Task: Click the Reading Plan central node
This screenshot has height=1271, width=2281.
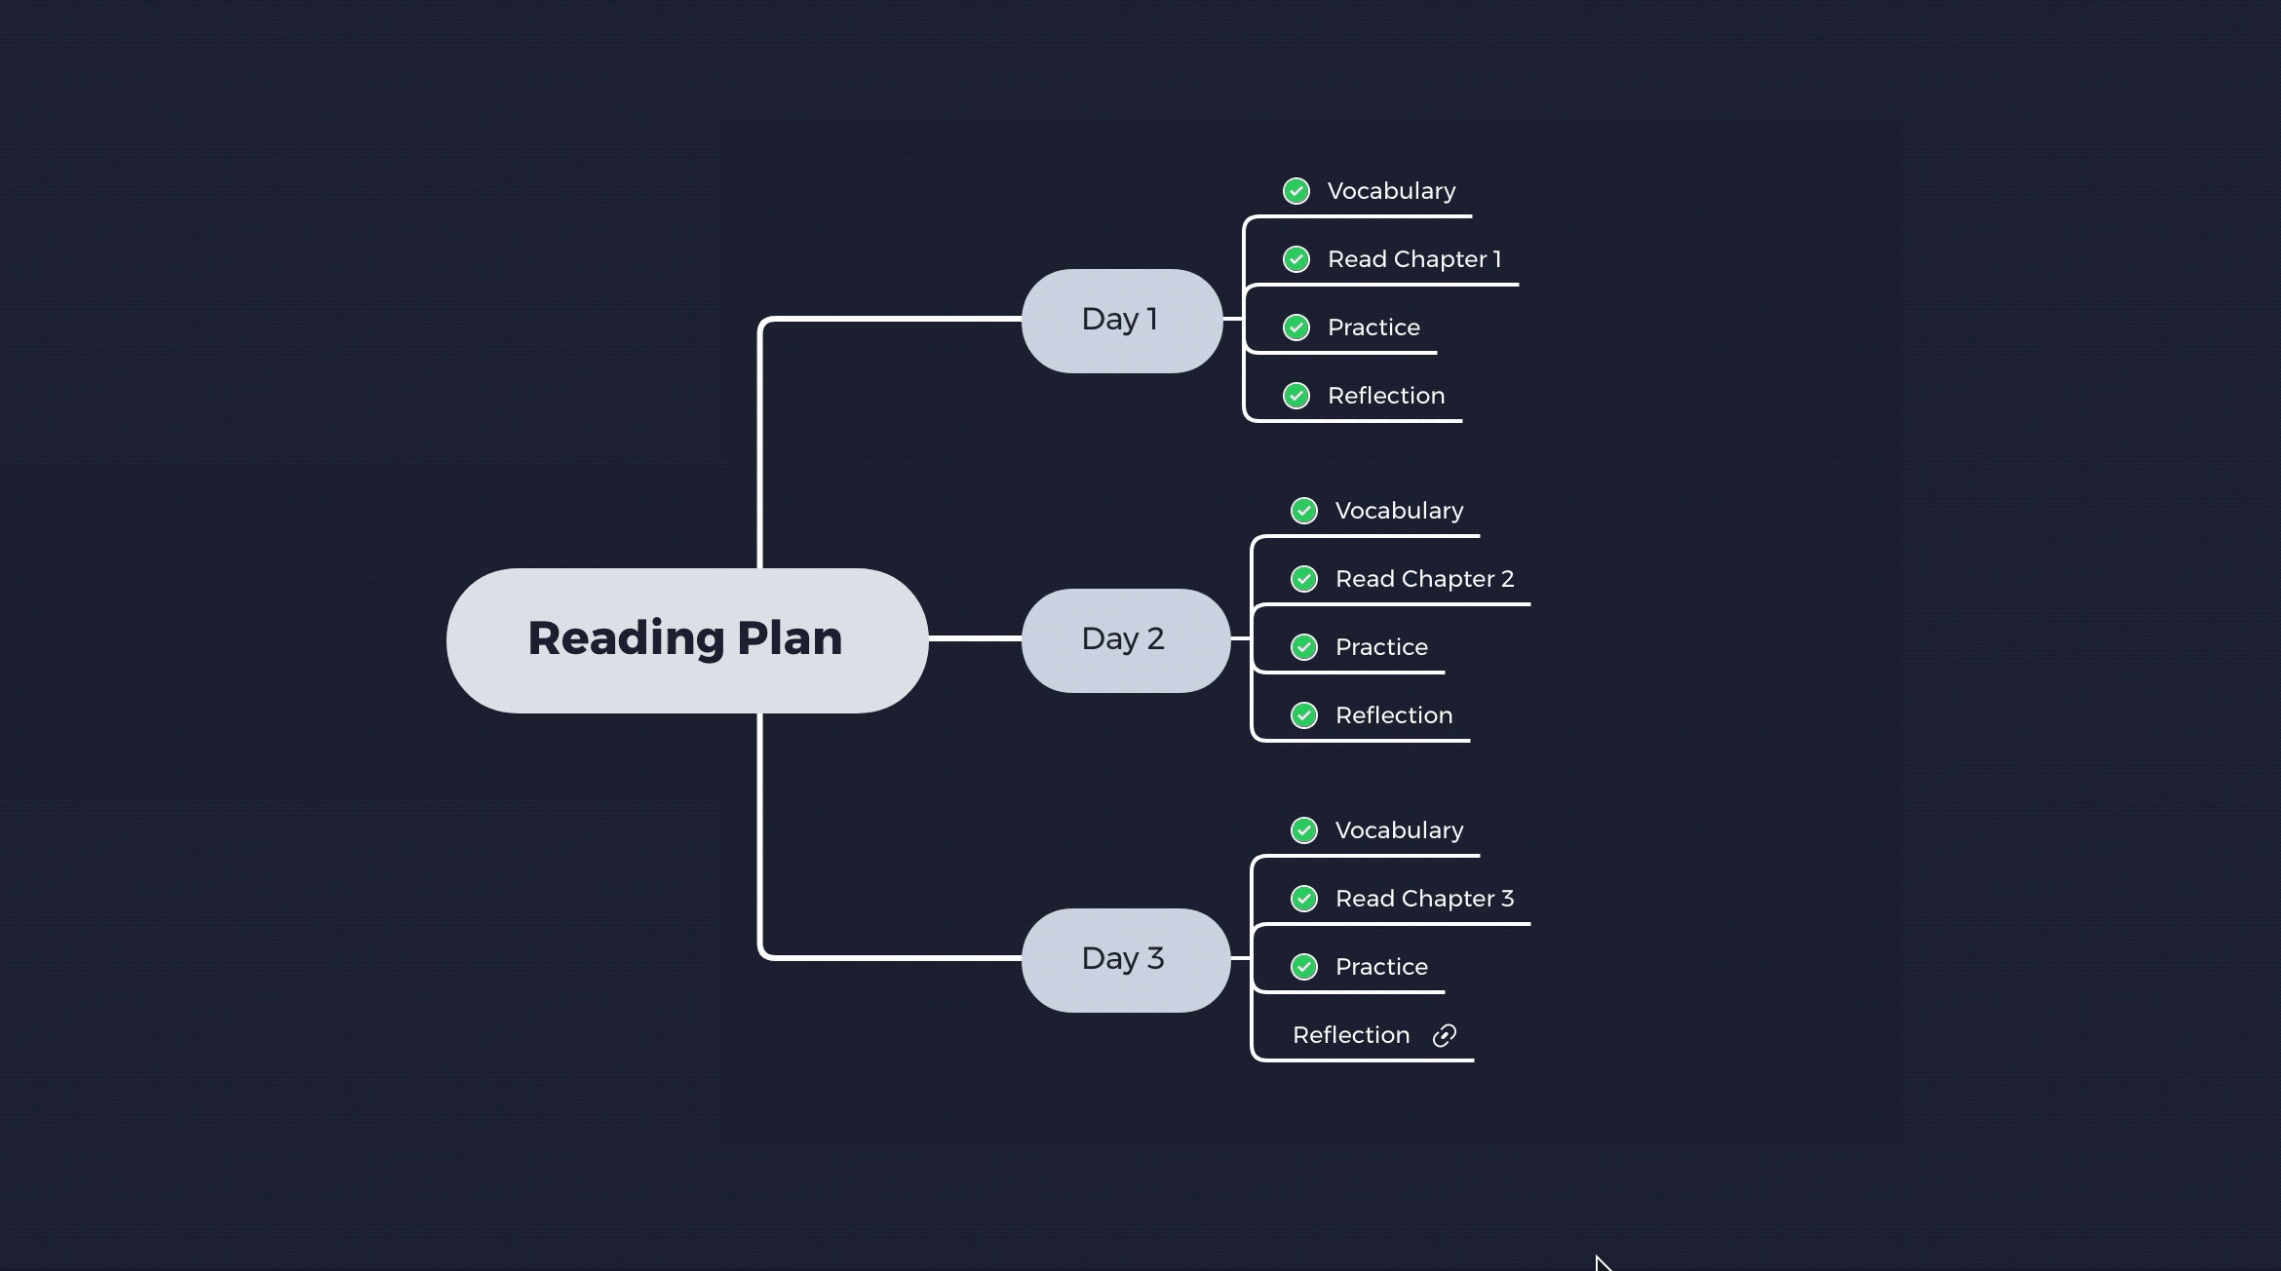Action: point(686,639)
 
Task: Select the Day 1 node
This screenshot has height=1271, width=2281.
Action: point(1121,320)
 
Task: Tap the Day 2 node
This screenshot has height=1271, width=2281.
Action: point(1125,639)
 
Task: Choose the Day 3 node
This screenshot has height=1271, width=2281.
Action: point(1125,959)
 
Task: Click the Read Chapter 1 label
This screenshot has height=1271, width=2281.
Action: point(1413,259)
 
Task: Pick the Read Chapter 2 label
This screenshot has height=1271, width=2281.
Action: point(1424,579)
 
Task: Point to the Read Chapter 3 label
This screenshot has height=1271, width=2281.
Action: point(1424,899)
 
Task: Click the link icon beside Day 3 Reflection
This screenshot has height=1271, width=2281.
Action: point(1445,1035)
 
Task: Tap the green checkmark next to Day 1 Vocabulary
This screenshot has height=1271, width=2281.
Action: point(1296,191)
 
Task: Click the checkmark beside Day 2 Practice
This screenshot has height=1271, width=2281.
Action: point(1304,647)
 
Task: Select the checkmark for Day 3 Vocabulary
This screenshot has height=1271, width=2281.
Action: point(1304,830)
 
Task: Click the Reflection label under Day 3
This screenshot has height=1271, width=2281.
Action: point(1351,1035)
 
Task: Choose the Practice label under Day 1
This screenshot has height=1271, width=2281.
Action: point(1373,327)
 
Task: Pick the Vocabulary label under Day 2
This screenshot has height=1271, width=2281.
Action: point(1399,511)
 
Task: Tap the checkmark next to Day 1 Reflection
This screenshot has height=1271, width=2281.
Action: point(1296,396)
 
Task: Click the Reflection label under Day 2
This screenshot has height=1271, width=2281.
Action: point(1394,715)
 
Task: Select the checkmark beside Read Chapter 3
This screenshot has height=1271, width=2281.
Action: point(1304,899)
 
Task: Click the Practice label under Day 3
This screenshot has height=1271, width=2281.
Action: point(1381,967)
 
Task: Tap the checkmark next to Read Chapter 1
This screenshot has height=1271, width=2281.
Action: point(1296,259)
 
